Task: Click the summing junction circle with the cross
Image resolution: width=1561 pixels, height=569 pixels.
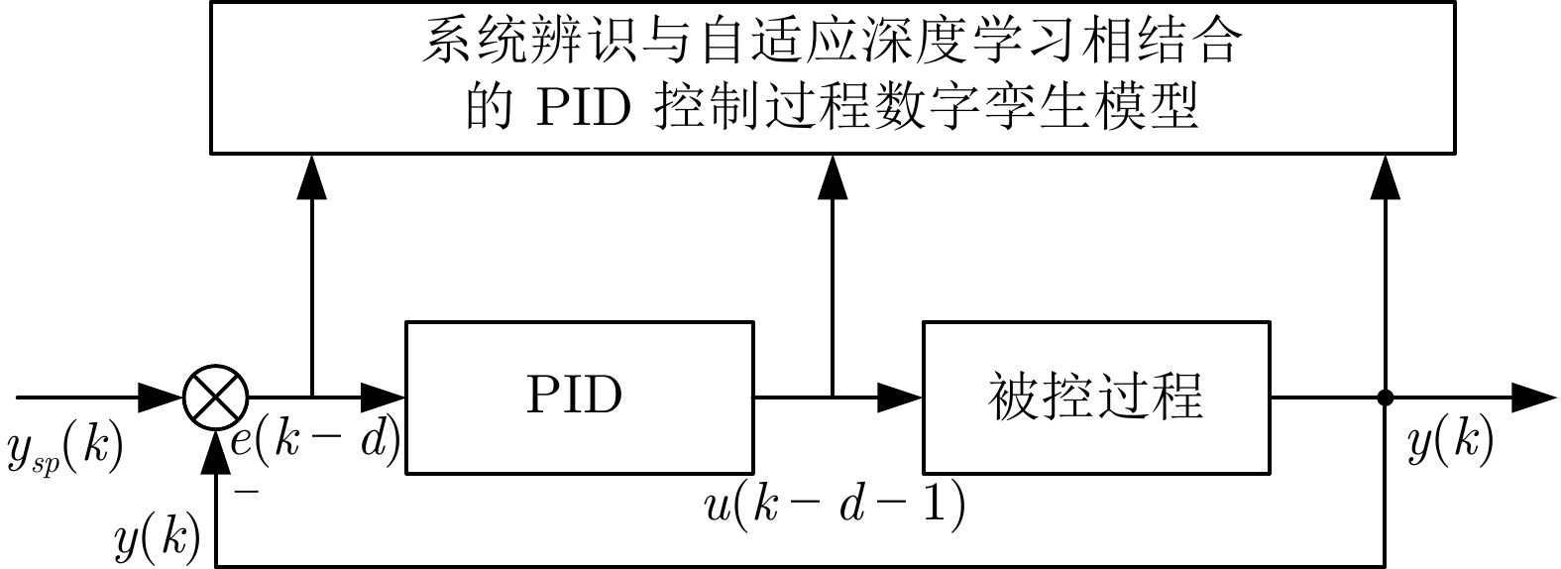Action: tap(215, 398)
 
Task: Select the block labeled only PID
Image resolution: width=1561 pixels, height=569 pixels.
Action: tap(580, 397)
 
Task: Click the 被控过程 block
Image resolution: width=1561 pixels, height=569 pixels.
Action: tap(1096, 397)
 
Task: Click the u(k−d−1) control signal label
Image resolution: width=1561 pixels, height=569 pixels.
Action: tap(834, 507)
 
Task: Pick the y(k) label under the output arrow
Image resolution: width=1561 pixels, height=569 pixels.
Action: tap(1450, 443)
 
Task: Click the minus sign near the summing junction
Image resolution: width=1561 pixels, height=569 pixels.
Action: tap(242, 489)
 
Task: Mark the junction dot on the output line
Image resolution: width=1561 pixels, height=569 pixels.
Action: tap(1386, 398)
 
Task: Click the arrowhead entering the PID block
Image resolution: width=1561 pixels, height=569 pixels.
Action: tap(385, 398)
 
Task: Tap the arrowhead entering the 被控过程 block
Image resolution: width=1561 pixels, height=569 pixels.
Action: tap(902, 398)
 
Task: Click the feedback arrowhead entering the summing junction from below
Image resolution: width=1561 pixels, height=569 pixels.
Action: tap(215, 451)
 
